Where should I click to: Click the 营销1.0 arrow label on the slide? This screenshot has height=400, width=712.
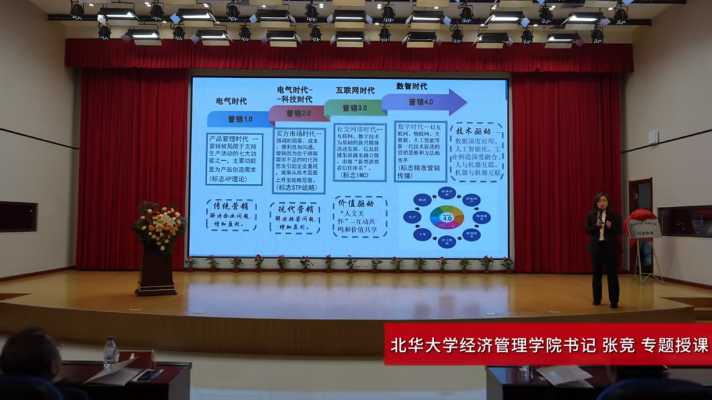coord(240,119)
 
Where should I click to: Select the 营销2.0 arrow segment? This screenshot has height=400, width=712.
coord(297,113)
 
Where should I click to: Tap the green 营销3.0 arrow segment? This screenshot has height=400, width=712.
coord(354,107)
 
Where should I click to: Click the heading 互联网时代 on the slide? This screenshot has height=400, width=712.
coord(355,91)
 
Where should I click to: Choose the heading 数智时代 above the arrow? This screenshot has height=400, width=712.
coord(411,86)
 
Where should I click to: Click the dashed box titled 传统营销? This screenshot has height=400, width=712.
coord(231,215)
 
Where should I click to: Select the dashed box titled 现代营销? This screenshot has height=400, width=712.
coord(295,218)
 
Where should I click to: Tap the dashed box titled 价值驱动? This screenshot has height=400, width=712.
coord(359,216)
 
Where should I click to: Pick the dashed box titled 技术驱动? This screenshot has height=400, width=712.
coord(478,152)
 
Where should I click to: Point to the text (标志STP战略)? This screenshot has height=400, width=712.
coord(298,187)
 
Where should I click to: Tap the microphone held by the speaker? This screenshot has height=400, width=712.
coord(599,216)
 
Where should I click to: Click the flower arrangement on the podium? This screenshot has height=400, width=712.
coord(159,225)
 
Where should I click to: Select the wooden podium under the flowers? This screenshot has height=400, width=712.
coord(156,271)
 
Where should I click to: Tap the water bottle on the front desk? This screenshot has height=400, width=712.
coord(110,353)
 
